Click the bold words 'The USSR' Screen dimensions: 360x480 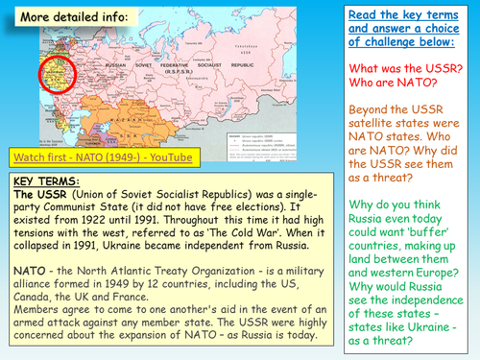37,195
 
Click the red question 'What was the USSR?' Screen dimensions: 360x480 417,64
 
